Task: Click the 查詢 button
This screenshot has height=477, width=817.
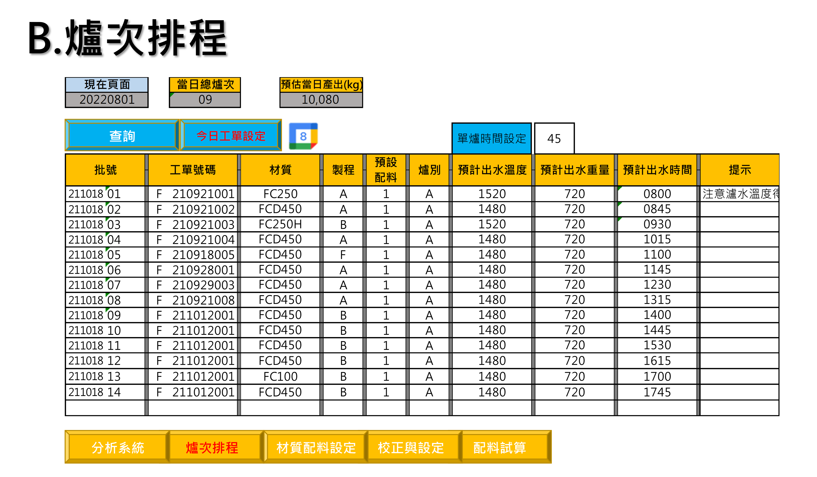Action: (122, 135)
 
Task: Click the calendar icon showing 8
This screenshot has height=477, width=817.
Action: (303, 136)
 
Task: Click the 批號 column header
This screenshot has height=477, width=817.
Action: (105, 170)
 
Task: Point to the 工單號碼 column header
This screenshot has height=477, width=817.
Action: (193, 170)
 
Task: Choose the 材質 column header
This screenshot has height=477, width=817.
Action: (280, 170)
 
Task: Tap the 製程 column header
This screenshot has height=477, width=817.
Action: (343, 170)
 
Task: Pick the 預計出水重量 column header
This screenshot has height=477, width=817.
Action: (574, 170)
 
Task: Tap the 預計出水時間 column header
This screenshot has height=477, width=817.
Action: (657, 170)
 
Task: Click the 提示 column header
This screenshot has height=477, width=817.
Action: (739, 170)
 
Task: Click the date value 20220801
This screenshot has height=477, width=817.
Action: (107, 100)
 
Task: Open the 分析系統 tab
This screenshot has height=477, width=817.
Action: (117, 447)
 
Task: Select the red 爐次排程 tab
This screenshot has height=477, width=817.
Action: (212, 447)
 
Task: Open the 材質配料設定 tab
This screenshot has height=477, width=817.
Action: (316, 447)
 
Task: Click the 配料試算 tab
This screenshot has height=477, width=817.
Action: (499, 447)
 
